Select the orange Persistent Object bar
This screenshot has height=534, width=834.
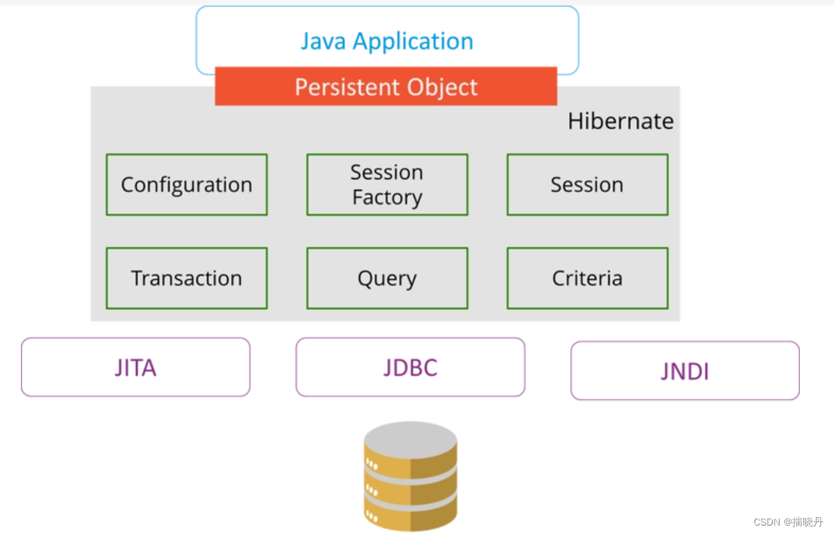(x=386, y=87)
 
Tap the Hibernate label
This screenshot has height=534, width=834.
(x=621, y=121)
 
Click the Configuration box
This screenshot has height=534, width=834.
(x=186, y=185)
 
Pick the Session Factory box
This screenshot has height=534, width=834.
(x=387, y=185)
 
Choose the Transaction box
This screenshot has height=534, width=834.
(x=186, y=279)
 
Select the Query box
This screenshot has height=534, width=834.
(x=387, y=279)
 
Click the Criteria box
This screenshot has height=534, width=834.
(x=587, y=279)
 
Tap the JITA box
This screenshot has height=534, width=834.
(x=135, y=367)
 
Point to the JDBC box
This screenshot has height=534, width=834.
(x=410, y=367)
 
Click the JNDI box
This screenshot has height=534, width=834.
(x=685, y=371)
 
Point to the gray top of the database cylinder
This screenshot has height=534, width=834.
(x=411, y=438)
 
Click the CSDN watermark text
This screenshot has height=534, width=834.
(x=788, y=521)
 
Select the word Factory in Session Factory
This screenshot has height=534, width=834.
(x=387, y=198)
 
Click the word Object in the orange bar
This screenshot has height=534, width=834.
(x=445, y=87)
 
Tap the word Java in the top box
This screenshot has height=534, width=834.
(x=324, y=41)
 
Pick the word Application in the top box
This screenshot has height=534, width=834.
(x=413, y=41)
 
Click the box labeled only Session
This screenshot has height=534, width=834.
(x=587, y=185)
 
